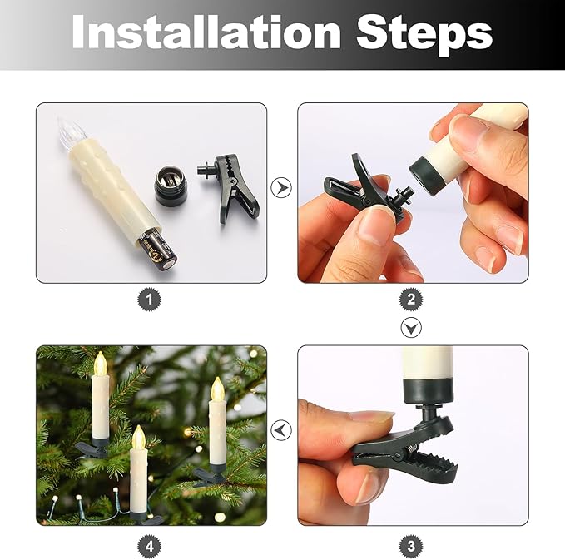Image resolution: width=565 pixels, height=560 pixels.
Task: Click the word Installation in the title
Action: click(x=206, y=32)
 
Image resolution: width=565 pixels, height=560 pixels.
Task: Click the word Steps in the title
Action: click(x=424, y=35)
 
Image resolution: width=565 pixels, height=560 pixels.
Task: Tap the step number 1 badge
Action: click(x=149, y=299)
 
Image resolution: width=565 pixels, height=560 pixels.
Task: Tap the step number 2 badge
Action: click(x=411, y=299)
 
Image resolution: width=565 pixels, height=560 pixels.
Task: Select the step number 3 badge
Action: click(x=411, y=546)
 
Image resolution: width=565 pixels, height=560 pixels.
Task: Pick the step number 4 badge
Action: click(x=149, y=546)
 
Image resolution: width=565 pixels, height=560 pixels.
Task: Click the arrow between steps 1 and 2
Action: click(x=281, y=187)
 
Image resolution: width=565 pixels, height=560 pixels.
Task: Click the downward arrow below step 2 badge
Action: click(x=411, y=328)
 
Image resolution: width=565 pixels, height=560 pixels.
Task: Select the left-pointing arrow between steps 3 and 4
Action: click(x=281, y=430)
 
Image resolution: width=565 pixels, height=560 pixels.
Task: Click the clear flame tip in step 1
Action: click(x=72, y=132)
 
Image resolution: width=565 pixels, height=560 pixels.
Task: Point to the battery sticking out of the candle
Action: click(x=159, y=250)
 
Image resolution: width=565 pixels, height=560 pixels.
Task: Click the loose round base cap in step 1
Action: click(x=170, y=186)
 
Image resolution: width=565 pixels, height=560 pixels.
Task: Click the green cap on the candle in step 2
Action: click(x=428, y=175)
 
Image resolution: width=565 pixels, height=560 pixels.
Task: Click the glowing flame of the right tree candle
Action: click(x=217, y=390)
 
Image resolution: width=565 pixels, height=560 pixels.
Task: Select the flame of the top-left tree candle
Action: click(x=101, y=364)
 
